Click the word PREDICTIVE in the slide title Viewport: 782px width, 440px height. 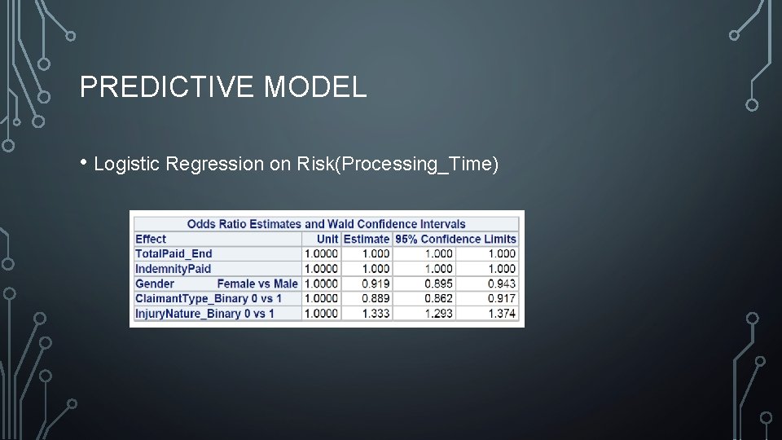tap(168, 86)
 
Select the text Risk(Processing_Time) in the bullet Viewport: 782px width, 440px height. tap(398, 164)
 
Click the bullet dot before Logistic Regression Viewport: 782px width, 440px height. tap(84, 163)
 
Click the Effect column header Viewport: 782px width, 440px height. tap(151, 239)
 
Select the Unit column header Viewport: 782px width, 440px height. tap(327, 239)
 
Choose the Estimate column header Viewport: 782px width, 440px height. tap(367, 239)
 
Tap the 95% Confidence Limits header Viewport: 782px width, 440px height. tap(455, 239)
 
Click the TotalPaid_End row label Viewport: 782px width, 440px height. tap(174, 253)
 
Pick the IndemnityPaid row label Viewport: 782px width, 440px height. tap(173, 269)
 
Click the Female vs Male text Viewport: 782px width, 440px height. tap(257, 284)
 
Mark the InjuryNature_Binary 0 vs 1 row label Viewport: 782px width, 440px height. tap(204, 314)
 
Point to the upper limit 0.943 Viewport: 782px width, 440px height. tap(502, 284)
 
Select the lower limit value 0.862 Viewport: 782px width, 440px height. tap(438, 298)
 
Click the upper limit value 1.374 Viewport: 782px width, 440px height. tap(502, 314)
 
